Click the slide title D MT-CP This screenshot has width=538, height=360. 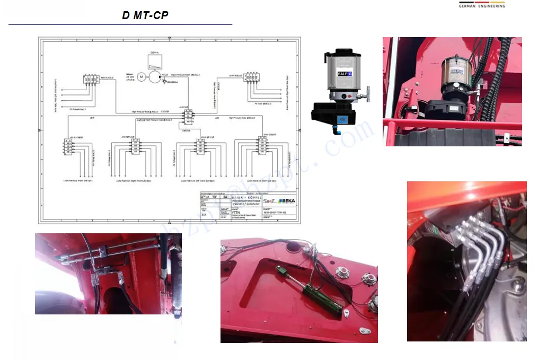[x=145, y=15]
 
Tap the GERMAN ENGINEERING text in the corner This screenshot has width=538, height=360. [x=481, y=6]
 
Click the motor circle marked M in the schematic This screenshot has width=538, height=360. [x=141, y=77]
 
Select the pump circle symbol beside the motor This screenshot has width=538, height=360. [x=154, y=77]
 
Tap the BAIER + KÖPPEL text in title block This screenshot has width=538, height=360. [x=248, y=197]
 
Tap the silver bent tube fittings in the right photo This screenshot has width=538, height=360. [x=477, y=249]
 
